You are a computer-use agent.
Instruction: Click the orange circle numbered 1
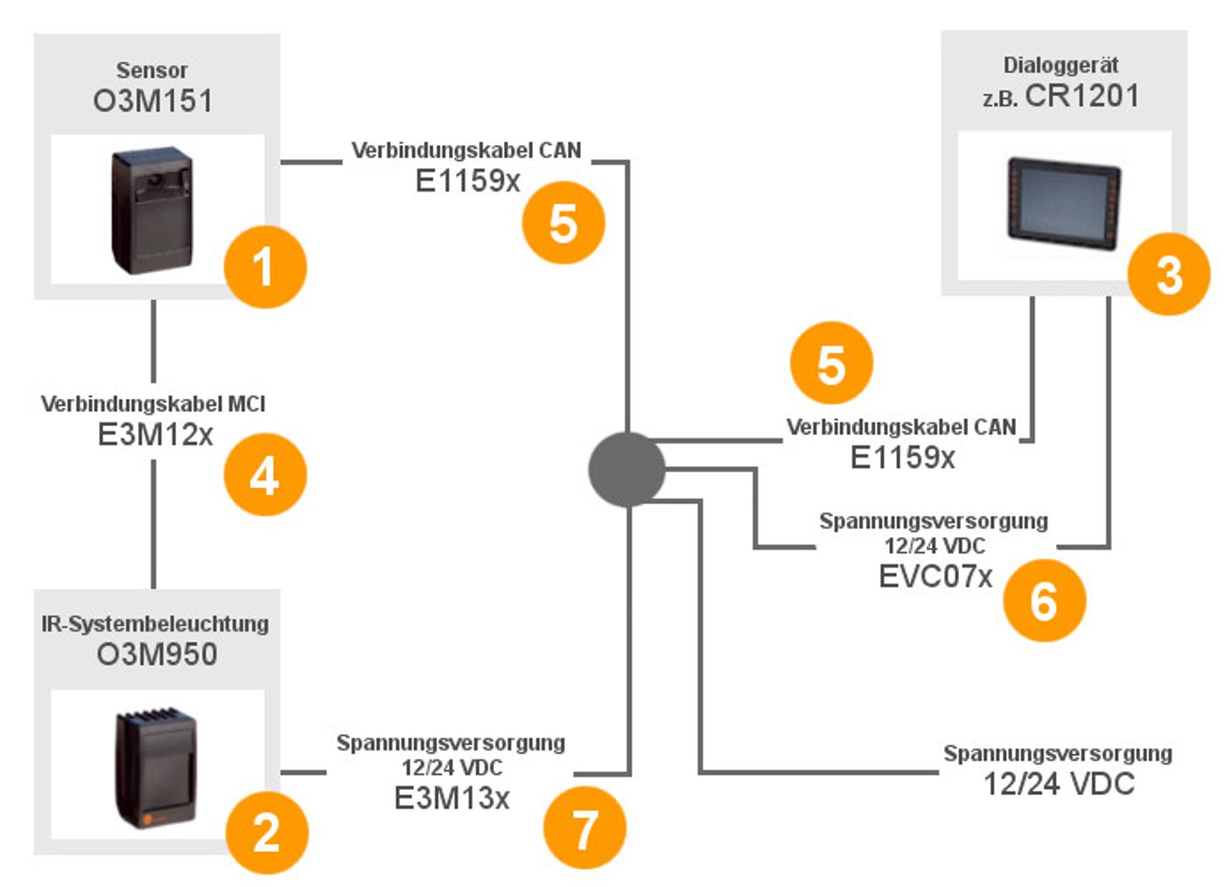pyautogui.click(x=265, y=267)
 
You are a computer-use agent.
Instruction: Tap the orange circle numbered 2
pyautogui.click(x=267, y=832)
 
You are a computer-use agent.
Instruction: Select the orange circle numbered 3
pyautogui.click(x=1169, y=275)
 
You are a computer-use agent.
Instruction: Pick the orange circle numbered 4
pyautogui.click(x=265, y=475)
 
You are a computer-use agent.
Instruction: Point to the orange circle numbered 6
pyautogui.click(x=1044, y=600)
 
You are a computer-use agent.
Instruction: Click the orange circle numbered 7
pyautogui.click(x=584, y=828)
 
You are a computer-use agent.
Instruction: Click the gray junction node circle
pyautogui.click(x=626, y=469)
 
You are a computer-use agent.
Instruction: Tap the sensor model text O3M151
pyautogui.click(x=153, y=101)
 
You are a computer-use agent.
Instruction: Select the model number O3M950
pyautogui.click(x=157, y=654)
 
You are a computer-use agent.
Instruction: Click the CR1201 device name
pyautogui.click(x=1081, y=95)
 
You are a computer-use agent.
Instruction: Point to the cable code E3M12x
pyautogui.click(x=155, y=435)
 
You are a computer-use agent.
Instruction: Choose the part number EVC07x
pyautogui.click(x=935, y=576)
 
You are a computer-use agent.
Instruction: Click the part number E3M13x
pyautogui.click(x=451, y=798)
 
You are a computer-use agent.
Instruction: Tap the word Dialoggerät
pyautogui.click(x=1060, y=65)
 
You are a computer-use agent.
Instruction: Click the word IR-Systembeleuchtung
pyautogui.click(x=155, y=624)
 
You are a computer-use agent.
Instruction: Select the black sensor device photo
pyautogui.click(x=152, y=211)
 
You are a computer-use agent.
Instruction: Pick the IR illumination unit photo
pyautogui.click(x=157, y=768)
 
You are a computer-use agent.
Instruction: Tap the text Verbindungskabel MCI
pyautogui.click(x=153, y=404)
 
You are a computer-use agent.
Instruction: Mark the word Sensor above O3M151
pyautogui.click(x=152, y=70)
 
